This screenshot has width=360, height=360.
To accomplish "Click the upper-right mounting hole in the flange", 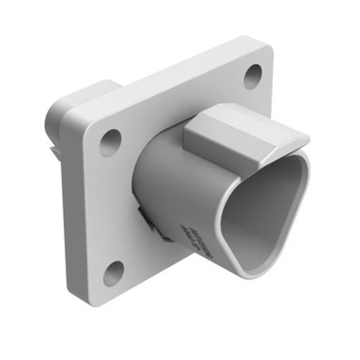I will [x=253, y=76].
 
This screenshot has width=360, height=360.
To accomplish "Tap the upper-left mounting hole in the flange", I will [x=110, y=143].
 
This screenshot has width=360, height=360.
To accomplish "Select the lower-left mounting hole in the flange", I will [x=113, y=272].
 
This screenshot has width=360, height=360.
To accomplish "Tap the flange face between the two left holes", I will [x=108, y=209].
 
